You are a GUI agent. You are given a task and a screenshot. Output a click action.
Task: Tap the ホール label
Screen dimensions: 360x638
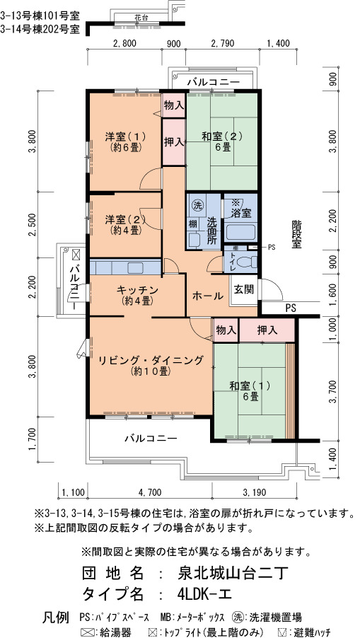[207, 296]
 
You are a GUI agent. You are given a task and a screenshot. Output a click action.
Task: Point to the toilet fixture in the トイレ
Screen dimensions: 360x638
[247, 263]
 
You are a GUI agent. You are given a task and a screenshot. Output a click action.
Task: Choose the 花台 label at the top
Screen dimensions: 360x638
[141, 17]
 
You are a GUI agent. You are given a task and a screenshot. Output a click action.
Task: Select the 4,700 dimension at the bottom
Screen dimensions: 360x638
[149, 492]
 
